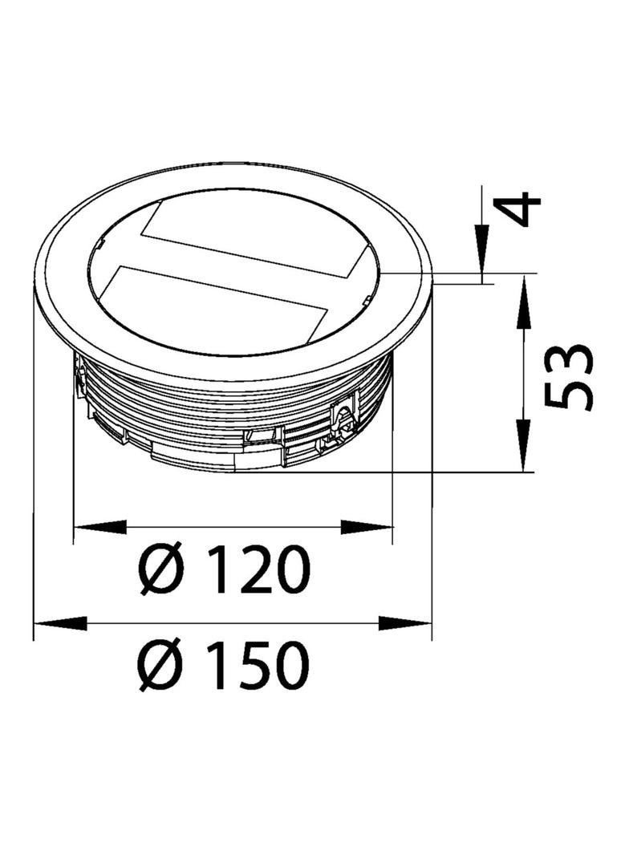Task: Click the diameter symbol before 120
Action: point(161,569)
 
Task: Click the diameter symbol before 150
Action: point(161,666)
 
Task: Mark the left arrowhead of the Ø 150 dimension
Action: point(61,623)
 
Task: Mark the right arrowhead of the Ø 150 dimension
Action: point(405,623)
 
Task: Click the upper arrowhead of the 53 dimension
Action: point(524,302)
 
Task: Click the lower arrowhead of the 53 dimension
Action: point(524,445)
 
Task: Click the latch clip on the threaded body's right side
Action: point(343,417)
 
